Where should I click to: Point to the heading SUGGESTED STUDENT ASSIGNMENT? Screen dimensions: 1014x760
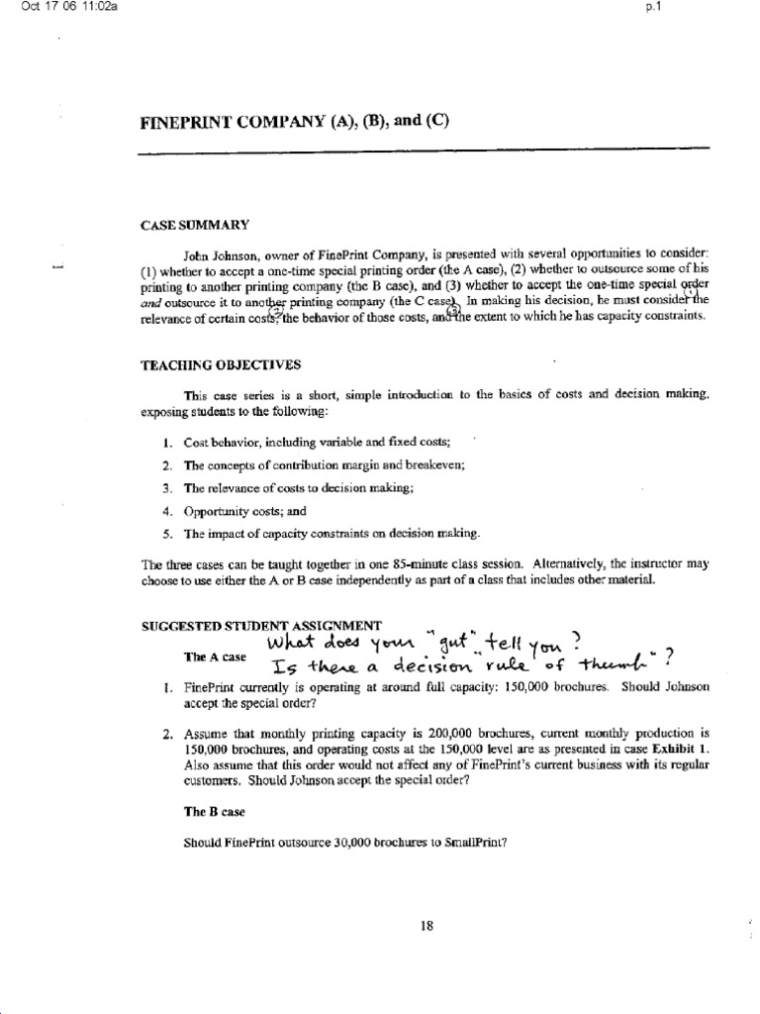click(x=261, y=625)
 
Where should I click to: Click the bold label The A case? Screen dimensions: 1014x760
click(x=214, y=656)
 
